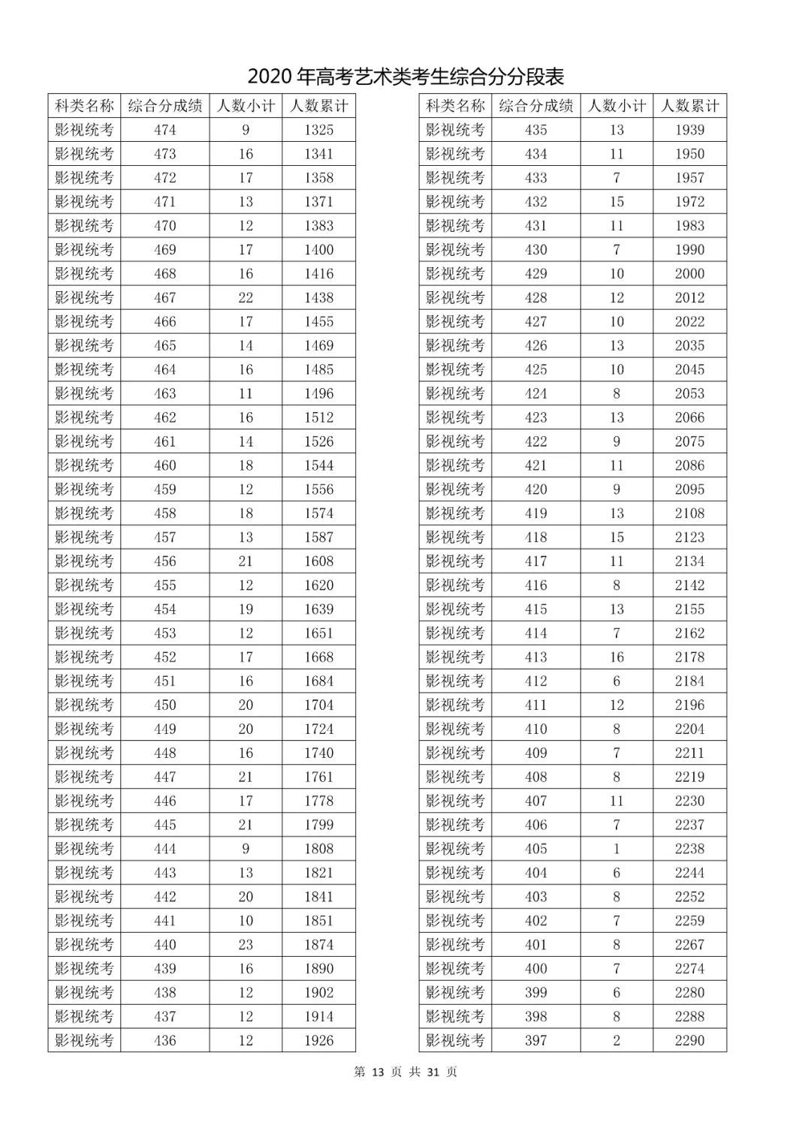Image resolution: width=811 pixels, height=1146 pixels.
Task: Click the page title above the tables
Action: [x=405, y=77]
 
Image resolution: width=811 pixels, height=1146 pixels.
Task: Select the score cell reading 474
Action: [x=164, y=130]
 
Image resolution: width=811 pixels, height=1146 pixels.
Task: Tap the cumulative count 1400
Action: [x=318, y=250]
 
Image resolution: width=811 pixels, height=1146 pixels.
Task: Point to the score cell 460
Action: [x=164, y=465]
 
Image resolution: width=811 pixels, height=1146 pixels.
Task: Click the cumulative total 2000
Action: [x=689, y=274]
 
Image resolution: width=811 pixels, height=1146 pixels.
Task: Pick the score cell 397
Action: [x=535, y=1041]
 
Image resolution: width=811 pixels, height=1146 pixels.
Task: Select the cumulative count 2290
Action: [x=689, y=1041]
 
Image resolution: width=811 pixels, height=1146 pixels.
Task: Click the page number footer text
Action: [x=405, y=1072]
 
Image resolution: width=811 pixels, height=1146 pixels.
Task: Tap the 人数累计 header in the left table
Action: [x=318, y=106]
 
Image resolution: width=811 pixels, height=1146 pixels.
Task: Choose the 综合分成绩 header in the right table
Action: [x=535, y=106]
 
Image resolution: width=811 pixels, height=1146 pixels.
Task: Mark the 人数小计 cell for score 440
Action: [x=246, y=945]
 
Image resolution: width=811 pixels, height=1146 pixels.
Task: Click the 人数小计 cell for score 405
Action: [x=617, y=849]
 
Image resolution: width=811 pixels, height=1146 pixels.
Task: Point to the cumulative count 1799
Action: [x=318, y=825]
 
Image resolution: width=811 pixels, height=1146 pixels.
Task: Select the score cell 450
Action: [x=164, y=705]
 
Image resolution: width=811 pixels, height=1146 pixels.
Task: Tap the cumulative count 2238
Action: [x=689, y=849]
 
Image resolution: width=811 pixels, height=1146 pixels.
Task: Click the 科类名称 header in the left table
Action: [x=84, y=106]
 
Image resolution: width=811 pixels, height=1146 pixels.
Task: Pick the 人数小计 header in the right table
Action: [x=617, y=106]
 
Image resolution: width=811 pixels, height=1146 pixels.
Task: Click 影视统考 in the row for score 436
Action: [x=84, y=1041]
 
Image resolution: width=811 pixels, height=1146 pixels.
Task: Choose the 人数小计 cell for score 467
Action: [x=246, y=298]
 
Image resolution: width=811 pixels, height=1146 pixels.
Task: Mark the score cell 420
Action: [x=535, y=489]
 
